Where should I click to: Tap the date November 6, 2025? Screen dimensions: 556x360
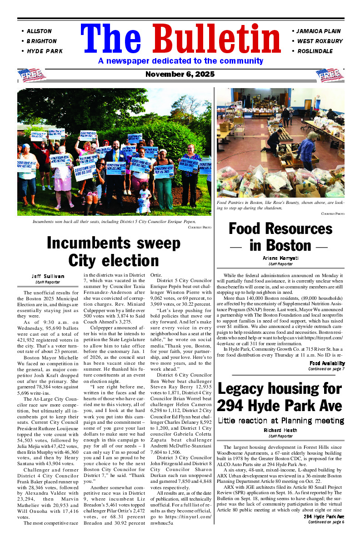pyautogui.click(x=180, y=74)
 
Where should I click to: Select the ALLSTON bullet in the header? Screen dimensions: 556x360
pyautogui.click(x=39, y=31)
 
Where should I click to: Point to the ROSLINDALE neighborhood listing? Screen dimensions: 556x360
pyautogui.click(x=315, y=51)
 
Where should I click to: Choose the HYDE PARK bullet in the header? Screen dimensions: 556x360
pyautogui.click(x=45, y=51)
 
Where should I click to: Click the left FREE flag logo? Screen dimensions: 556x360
pyautogui.click(x=31, y=75)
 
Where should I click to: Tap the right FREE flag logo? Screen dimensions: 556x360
pyautogui.click(x=330, y=75)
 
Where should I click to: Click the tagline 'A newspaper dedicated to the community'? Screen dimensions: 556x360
pyautogui.click(x=180, y=61)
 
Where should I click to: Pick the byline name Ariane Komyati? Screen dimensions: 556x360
pyautogui.click(x=280, y=258)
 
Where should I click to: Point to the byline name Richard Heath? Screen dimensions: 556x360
pyautogui.click(x=280, y=430)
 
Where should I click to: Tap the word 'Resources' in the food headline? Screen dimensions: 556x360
pyautogui.click(x=280, y=228)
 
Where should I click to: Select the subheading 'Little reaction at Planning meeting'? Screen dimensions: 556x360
pyautogui.click(x=280, y=421)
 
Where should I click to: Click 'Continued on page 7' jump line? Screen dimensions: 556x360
pyautogui.click(x=326, y=369)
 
